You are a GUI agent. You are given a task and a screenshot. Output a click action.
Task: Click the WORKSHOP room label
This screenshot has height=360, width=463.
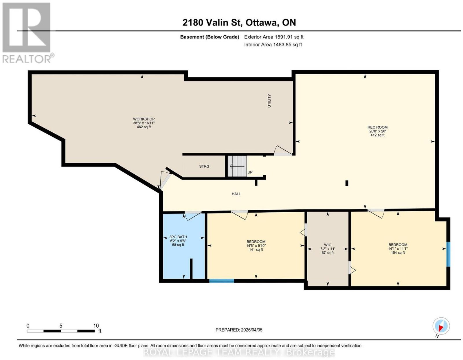click(144, 119)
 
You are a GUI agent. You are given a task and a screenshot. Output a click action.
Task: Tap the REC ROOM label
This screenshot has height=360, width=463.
click(377, 127)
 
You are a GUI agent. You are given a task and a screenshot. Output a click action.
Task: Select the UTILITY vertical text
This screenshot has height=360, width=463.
click(269, 101)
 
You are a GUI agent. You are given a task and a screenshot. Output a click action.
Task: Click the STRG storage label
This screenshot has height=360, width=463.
click(204, 166)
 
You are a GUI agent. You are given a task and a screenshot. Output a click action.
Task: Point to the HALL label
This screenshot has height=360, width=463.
click(236, 194)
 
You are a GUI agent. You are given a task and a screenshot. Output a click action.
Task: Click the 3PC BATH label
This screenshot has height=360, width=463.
click(178, 237)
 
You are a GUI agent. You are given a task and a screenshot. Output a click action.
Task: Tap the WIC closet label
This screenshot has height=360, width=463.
click(328, 245)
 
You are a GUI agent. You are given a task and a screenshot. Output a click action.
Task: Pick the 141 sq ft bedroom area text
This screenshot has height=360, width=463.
click(256, 250)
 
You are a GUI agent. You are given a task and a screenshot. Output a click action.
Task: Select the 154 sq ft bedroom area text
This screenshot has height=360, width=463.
click(398, 253)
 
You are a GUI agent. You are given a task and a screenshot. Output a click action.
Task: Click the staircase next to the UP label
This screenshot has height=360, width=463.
click(237, 166)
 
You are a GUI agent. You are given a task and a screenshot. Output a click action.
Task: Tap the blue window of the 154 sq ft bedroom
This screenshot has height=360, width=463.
click(448, 254)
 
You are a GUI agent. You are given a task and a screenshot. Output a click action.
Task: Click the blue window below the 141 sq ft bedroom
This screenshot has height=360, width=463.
click(222, 281)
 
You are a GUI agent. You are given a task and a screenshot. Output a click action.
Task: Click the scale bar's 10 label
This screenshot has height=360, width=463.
click(96, 326)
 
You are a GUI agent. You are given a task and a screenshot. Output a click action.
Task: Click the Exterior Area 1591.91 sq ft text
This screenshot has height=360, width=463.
click(274, 37)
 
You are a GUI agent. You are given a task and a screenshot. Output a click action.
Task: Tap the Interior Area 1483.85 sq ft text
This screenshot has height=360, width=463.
click(273, 45)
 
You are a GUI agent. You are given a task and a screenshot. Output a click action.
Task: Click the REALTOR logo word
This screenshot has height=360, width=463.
click(27, 59)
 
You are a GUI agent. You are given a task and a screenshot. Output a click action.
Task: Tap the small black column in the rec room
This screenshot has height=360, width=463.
click(347, 183)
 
